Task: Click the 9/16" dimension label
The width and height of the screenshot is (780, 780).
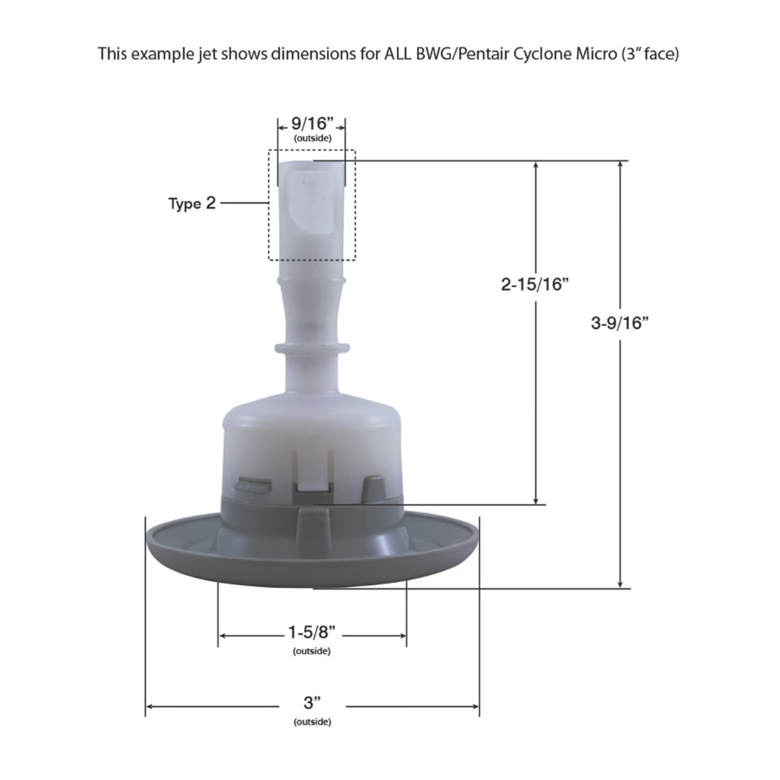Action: pyautogui.click(x=312, y=123)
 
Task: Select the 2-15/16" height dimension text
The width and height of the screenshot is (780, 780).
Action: pyautogui.click(x=535, y=284)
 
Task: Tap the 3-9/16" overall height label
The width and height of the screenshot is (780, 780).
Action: pyautogui.click(x=620, y=323)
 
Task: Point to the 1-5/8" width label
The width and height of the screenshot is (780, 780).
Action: pyautogui.click(x=312, y=633)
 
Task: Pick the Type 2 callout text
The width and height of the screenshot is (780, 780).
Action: pyautogui.click(x=192, y=203)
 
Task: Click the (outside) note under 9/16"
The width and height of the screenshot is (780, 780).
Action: pyautogui.click(x=313, y=138)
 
